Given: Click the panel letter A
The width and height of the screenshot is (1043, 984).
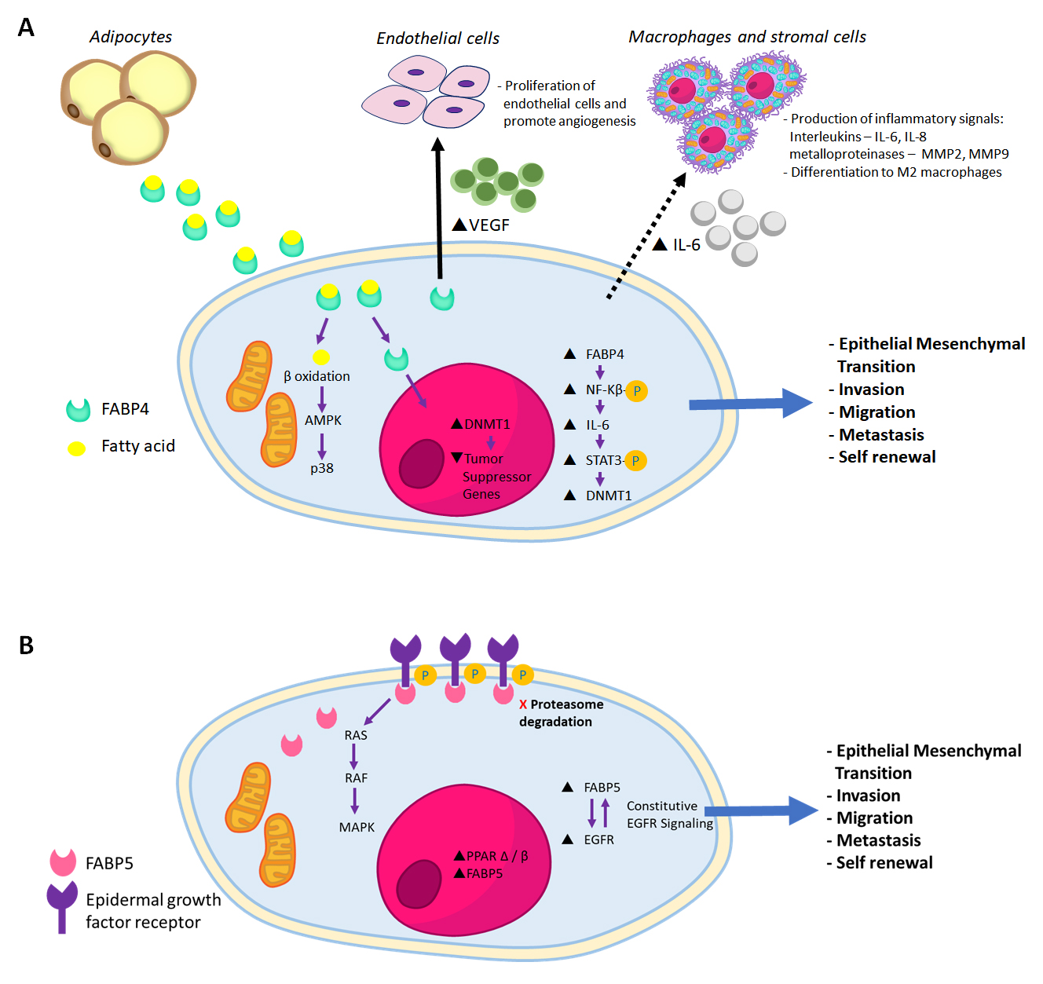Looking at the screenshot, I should click(x=26, y=28).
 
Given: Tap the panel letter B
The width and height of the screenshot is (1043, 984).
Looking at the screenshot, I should click(x=26, y=646).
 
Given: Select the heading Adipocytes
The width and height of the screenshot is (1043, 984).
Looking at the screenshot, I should click(x=130, y=37).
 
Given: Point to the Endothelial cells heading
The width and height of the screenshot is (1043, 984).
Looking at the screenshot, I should click(x=437, y=38).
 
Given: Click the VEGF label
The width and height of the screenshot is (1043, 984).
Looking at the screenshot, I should click(x=489, y=225).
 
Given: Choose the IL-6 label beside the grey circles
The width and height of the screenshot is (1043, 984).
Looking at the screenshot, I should click(x=686, y=245).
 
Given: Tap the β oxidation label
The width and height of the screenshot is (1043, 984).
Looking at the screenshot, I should click(x=317, y=377).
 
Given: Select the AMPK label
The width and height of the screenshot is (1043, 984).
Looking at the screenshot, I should click(x=323, y=421).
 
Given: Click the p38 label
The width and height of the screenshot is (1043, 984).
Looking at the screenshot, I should click(x=322, y=469).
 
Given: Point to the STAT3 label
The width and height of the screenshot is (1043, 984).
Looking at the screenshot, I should click(x=603, y=460).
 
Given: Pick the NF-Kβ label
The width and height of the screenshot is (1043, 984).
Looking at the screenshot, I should click(x=604, y=390).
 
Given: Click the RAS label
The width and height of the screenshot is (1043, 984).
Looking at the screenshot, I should click(x=356, y=736).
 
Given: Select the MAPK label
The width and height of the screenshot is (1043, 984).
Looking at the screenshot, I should click(x=357, y=828).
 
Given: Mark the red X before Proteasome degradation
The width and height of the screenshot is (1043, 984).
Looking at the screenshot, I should click(x=523, y=705).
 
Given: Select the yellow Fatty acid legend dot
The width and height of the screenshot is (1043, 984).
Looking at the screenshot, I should click(x=76, y=448).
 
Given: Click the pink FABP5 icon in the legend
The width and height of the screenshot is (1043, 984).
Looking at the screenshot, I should click(x=63, y=862).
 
